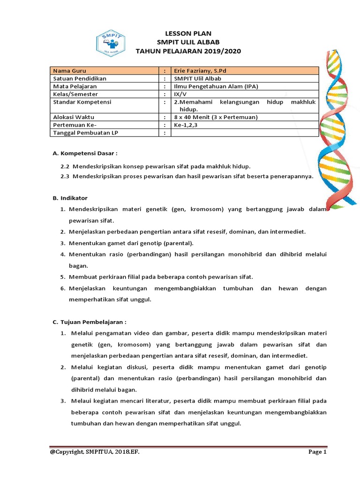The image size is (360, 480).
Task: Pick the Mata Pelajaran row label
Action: point(75,87)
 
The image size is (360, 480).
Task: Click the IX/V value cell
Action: point(180,94)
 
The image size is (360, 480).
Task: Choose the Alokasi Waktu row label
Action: point(73,117)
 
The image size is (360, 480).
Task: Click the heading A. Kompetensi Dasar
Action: point(84,153)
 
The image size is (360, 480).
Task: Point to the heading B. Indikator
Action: point(70,198)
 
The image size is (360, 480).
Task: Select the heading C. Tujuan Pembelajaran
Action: point(89,322)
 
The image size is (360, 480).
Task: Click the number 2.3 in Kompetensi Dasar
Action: point(65,176)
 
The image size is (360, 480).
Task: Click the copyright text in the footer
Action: point(94,452)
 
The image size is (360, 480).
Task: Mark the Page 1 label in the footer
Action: point(317,452)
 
